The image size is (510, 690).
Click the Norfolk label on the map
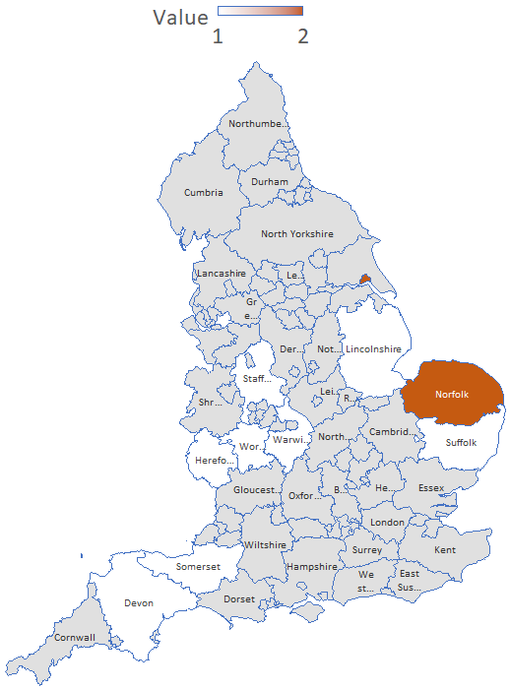[x=453, y=395]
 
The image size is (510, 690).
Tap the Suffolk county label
[x=461, y=442]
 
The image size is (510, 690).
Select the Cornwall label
[x=75, y=638]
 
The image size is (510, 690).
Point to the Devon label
[x=139, y=602]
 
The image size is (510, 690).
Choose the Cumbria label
[x=203, y=192]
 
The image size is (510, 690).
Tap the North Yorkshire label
[x=296, y=234]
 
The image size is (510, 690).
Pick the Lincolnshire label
[x=373, y=349]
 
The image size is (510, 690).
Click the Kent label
[x=445, y=549]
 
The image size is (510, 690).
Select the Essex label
[x=431, y=488]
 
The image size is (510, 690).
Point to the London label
[x=388, y=523]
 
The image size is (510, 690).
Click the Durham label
[x=270, y=182]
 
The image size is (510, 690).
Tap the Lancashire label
[x=221, y=273]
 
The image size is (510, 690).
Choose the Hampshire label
[x=311, y=567]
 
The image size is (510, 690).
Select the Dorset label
[x=239, y=598]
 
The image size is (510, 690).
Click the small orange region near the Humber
[x=365, y=279]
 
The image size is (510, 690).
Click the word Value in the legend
[x=180, y=18]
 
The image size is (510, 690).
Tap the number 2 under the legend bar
[x=303, y=36]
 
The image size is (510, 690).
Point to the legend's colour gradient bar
[x=260, y=11]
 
